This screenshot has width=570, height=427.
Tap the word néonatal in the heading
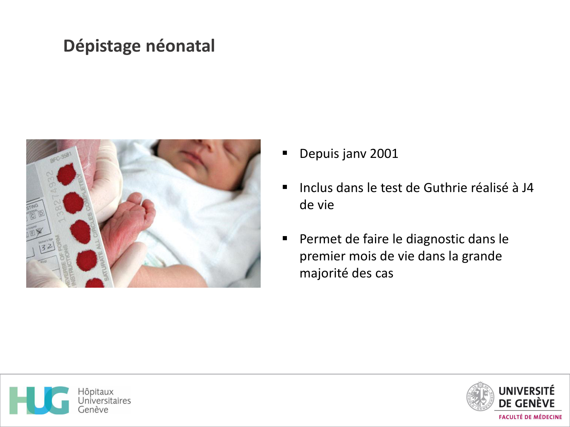coord(180,46)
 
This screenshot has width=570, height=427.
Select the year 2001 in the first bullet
coord(384,154)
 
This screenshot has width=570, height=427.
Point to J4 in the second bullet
coord(527,188)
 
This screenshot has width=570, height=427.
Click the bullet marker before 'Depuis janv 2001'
coord(285,153)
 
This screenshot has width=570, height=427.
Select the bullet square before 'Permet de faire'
coord(285,239)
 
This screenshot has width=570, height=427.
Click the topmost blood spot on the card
coord(66,174)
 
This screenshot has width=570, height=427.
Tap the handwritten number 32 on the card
coord(47,247)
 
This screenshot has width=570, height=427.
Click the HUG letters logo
coord(40,400)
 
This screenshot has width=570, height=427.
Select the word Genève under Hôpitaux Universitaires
coord(93,410)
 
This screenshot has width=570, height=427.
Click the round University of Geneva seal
coord(480,397)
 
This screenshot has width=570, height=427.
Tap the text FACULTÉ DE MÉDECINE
coord(530,417)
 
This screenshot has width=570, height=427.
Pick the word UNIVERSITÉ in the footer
coord(526,391)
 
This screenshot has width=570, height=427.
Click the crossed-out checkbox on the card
coord(39,231)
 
